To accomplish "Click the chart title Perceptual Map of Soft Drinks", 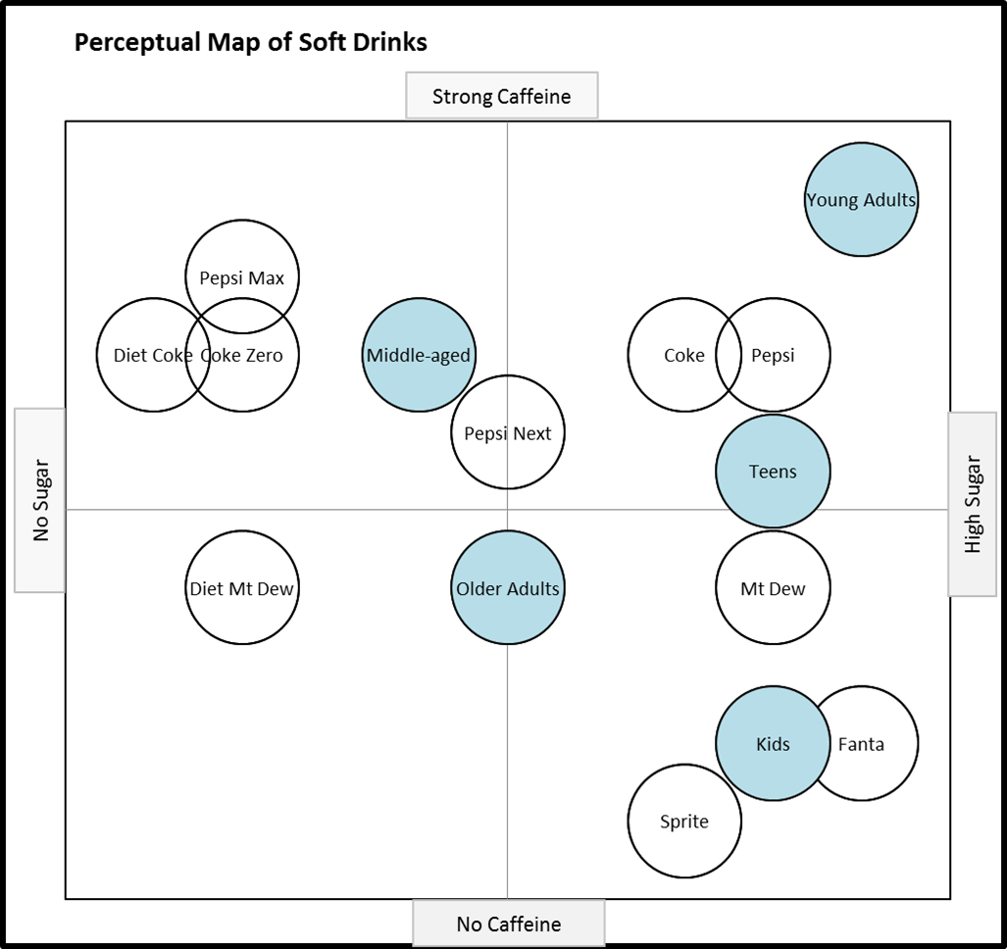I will [x=250, y=43].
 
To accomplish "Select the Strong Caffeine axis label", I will [x=501, y=96].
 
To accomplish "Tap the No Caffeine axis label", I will [x=508, y=924].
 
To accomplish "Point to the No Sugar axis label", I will [x=39, y=500].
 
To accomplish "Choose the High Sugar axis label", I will [x=973, y=504].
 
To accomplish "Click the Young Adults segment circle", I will [x=861, y=200].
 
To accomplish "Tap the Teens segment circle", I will [x=773, y=472].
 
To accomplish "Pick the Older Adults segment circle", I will [x=508, y=589].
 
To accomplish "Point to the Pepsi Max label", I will [x=242, y=278].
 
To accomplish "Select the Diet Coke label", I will [x=152, y=355].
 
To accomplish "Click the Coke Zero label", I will [x=242, y=355].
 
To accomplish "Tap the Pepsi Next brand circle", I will [x=508, y=433].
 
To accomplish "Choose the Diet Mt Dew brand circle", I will [x=242, y=589].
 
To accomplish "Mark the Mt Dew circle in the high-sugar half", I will [x=773, y=589].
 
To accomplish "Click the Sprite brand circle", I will [x=684, y=822].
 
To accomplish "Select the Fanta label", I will [x=861, y=744].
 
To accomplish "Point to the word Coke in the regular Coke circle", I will [x=683, y=355].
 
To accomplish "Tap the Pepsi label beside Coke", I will [x=773, y=355].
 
